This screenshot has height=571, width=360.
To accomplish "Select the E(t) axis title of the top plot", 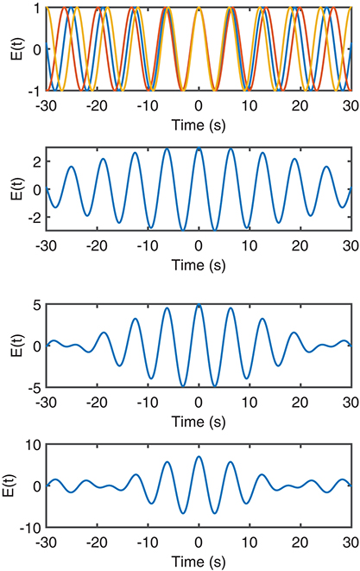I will coord(10,48).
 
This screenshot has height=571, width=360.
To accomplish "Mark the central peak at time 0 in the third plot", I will coord(199,306).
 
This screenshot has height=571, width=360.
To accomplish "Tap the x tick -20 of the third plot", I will coord(98,401).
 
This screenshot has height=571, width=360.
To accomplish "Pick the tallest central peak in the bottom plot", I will coord(199,457).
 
